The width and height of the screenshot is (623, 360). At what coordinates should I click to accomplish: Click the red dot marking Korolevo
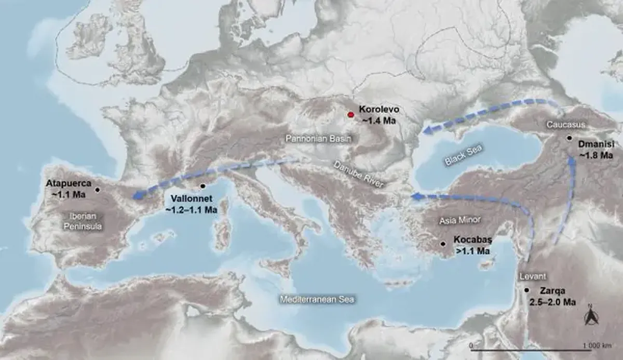click(351, 114)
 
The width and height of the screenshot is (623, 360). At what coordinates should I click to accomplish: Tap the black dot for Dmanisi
click(570, 138)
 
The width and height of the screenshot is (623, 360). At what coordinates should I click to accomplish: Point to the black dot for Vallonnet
click(202, 186)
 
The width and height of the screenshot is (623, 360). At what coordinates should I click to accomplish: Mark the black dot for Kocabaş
click(443, 243)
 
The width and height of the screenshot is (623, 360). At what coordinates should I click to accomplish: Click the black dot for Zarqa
click(527, 290)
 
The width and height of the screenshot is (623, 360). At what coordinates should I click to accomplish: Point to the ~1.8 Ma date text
click(596, 155)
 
